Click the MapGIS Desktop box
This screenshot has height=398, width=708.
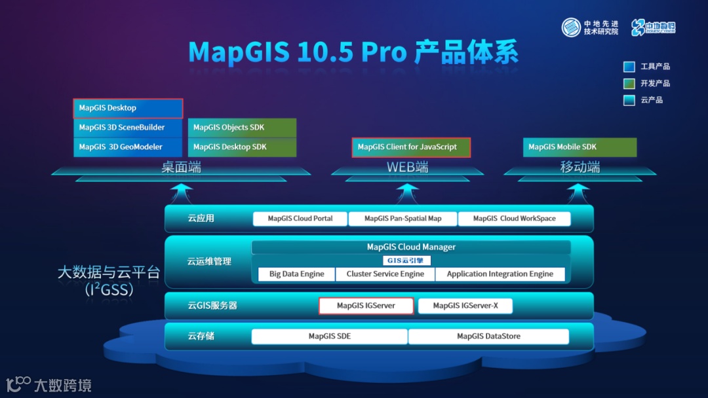[x=128, y=108]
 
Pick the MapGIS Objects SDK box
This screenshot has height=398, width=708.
[x=242, y=128]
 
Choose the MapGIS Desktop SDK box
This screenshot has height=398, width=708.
[x=242, y=147]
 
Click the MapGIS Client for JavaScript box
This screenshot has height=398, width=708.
[x=411, y=147]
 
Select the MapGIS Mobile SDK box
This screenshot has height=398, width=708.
[x=580, y=147]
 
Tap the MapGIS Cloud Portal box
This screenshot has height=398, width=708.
[x=300, y=219]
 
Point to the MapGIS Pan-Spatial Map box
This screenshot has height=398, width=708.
[x=403, y=219]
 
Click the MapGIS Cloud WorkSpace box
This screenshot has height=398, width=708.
[x=514, y=219]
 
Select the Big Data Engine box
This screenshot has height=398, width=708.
[x=296, y=274]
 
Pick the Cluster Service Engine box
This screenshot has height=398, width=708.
[x=385, y=274]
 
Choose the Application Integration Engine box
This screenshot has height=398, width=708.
[x=500, y=274]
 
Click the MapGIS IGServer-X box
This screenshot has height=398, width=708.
[x=465, y=306]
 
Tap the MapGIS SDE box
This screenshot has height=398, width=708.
[x=330, y=336]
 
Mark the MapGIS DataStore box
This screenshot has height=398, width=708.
[x=488, y=336]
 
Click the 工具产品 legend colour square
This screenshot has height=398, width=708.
[x=629, y=67]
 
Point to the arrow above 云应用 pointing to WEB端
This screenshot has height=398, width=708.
[x=407, y=192]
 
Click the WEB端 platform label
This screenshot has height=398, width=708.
[x=407, y=168]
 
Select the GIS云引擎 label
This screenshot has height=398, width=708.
[x=406, y=261]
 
